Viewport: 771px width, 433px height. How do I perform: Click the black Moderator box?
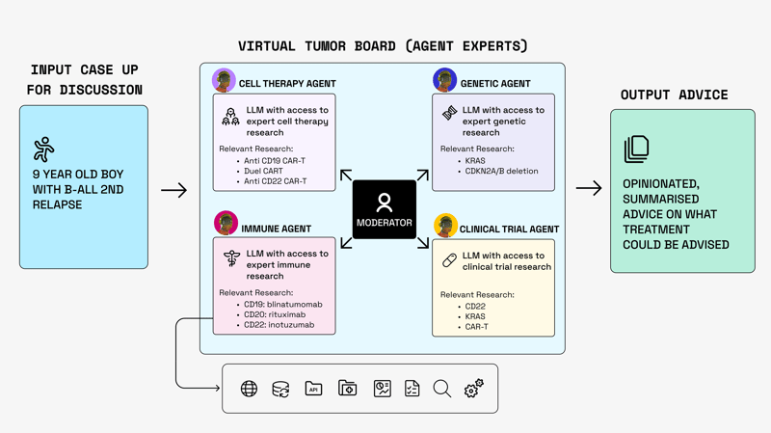tap(384, 209)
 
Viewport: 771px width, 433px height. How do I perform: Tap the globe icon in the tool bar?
tap(249, 389)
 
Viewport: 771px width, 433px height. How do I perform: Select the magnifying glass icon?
tap(441, 389)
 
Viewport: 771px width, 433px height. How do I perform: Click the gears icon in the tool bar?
tap(473, 389)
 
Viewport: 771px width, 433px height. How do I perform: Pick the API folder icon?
tap(313, 389)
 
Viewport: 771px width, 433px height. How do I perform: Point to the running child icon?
tap(44, 149)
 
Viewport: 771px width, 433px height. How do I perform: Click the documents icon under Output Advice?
tap(636, 149)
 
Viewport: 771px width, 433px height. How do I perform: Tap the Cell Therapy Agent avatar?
tap(224, 80)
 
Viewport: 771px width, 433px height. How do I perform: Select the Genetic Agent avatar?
tap(444, 80)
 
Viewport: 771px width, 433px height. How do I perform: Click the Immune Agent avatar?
tap(226, 224)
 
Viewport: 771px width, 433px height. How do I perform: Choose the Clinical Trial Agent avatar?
tap(444, 227)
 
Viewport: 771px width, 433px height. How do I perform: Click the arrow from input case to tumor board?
tap(173, 191)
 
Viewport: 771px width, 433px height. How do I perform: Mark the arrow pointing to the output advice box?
tap(588, 188)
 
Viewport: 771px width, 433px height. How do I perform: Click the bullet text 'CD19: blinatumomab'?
tap(283, 305)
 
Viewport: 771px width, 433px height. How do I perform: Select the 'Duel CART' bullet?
tap(264, 171)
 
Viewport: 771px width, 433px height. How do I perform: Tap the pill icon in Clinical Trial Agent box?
tap(449, 260)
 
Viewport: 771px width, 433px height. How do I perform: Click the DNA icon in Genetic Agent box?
tap(449, 114)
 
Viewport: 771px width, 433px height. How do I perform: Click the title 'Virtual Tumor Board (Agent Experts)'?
tap(383, 46)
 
